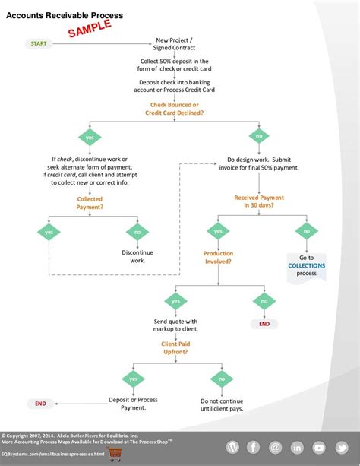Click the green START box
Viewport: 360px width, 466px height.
click(x=39, y=43)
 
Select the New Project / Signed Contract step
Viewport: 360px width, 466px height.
click(x=174, y=43)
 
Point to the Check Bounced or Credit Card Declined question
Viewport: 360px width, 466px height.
click(x=174, y=108)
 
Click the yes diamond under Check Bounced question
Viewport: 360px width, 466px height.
click(x=90, y=138)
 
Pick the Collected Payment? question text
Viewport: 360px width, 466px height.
click(x=90, y=202)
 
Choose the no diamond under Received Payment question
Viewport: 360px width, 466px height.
click(x=306, y=230)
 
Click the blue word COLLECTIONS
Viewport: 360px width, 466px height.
click(x=306, y=265)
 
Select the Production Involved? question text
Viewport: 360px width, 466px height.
click(x=218, y=257)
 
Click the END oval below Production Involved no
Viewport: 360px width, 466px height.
click(x=264, y=323)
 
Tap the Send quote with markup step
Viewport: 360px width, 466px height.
click(x=175, y=325)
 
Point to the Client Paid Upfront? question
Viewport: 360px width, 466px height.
click(x=175, y=347)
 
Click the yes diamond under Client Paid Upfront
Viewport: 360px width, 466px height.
click(x=133, y=378)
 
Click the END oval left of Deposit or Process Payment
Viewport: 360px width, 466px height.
click(x=39, y=403)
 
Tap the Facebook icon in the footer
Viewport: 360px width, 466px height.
click(x=252, y=447)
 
